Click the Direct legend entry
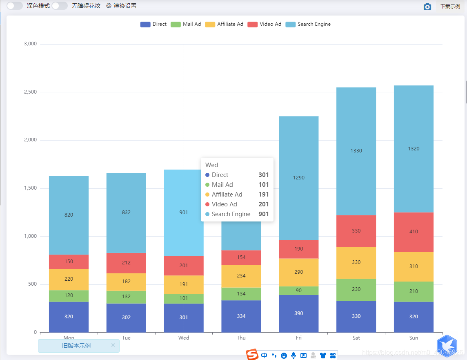(153, 24)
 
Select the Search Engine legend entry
(308, 24)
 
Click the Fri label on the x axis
(299, 338)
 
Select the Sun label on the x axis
(414, 338)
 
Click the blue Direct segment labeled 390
(299, 313)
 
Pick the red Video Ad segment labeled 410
(414, 232)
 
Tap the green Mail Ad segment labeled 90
(299, 291)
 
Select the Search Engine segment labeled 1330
(356, 151)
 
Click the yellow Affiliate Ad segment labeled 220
(69, 280)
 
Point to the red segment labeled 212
(126, 263)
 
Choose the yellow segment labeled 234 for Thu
(241, 276)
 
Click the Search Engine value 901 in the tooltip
(263, 214)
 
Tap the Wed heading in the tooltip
(211, 165)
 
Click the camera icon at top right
(427, 7)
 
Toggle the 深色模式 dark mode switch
(15, 6)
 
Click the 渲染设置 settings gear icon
(109, 6)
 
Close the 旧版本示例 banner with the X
(113, 345)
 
